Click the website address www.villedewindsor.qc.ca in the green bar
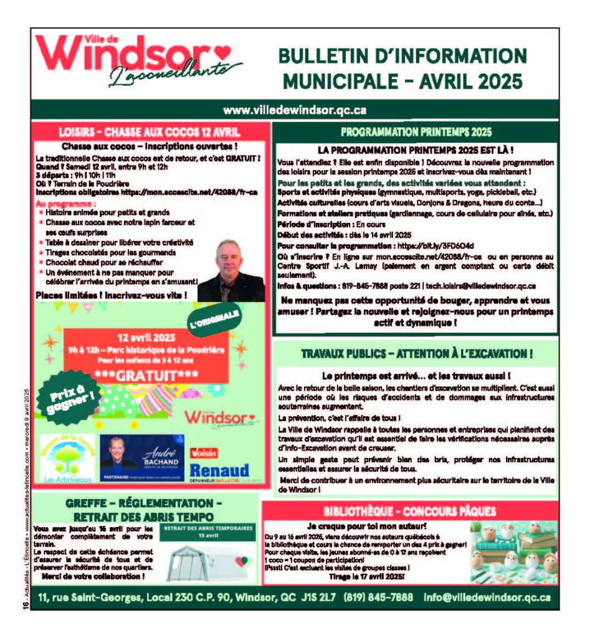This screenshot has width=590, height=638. (295, 110)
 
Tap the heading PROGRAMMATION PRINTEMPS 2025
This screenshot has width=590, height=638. (416, 132)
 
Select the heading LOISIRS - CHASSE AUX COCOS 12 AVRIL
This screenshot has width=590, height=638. (150, 132)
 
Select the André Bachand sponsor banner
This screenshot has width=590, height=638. (142, 458)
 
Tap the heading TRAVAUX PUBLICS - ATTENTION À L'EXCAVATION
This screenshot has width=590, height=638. (416, 354)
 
